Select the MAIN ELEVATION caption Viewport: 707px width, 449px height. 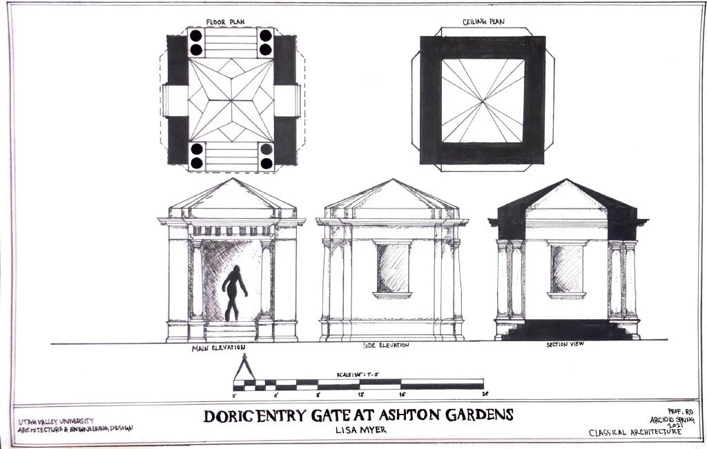[x=220, y=349]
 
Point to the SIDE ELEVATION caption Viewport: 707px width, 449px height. [x=385, y=345]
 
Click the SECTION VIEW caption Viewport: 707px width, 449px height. [x=565, y=344]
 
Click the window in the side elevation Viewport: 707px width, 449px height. [x=392, y=268]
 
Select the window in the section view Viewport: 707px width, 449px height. [x=566, y=269]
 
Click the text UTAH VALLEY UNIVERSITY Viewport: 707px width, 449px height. [x=55, y=421]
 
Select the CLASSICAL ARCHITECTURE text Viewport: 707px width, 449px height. [x=635, y=433]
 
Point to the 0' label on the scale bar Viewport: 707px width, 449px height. [x=235, y=394]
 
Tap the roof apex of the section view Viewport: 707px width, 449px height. [x=566, y=180]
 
